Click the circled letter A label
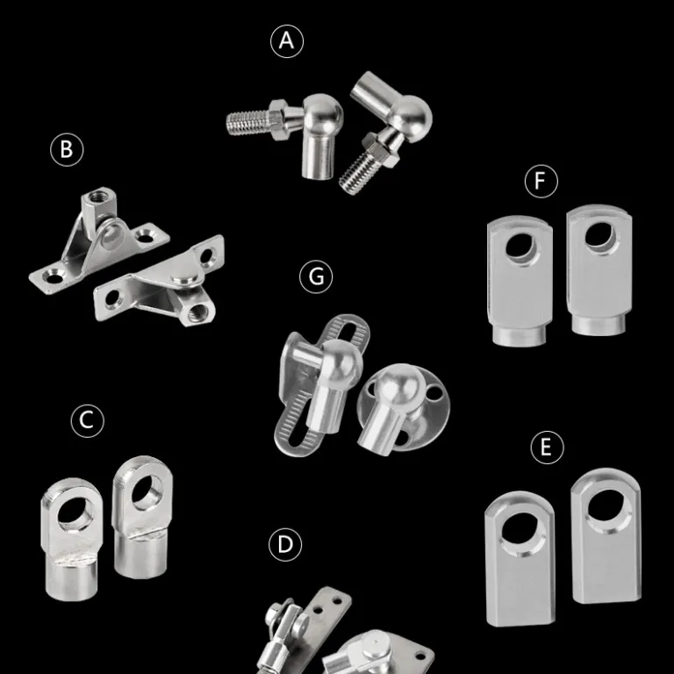point(287,41)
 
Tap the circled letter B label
point(67,149)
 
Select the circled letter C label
point(87,420)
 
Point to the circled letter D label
point(285,545)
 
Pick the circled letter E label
point(547,447)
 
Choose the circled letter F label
point(541,181)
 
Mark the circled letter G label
point(316,276)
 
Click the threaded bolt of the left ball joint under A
point(248,123)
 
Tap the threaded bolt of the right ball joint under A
point(360,172)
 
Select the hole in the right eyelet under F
point(599,234)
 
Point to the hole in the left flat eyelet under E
point(520,527)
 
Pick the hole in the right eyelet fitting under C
point(147,491)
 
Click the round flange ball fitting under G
point(403,409)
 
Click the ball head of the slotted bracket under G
point(342,358)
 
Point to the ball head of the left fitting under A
point(323,113)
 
